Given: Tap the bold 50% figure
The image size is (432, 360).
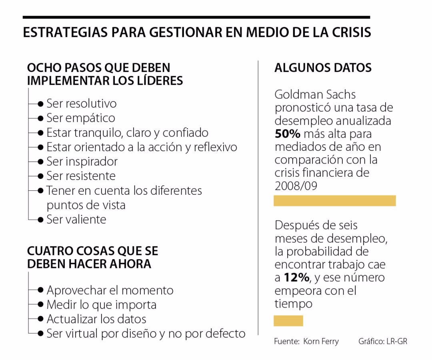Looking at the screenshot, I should pos(287,134).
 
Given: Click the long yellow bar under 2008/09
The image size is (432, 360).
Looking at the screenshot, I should pos(334,201).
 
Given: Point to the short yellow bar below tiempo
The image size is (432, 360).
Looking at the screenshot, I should pos(288,321).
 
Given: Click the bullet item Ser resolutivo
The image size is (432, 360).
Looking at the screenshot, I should pos(82,104).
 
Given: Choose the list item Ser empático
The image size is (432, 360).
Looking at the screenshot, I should pos(81,118).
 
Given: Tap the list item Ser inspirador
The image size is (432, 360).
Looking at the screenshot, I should pos(82,162).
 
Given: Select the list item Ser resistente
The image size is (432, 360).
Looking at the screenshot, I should pos(81,176).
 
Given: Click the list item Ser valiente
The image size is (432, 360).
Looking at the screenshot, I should pos(76,220).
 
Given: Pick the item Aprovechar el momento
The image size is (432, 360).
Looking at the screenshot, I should pos(110,290).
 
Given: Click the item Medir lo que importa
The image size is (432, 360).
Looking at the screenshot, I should pos(101,305).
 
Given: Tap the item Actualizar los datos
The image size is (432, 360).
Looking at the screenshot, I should pos(96,319).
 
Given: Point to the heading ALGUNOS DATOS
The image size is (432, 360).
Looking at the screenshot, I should pos(323,68).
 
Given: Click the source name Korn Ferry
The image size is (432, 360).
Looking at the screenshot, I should pos(321,342).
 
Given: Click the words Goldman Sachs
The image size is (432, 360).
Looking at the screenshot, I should pos(315,95).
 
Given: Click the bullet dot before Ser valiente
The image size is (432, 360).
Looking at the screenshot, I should pos(40,220).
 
